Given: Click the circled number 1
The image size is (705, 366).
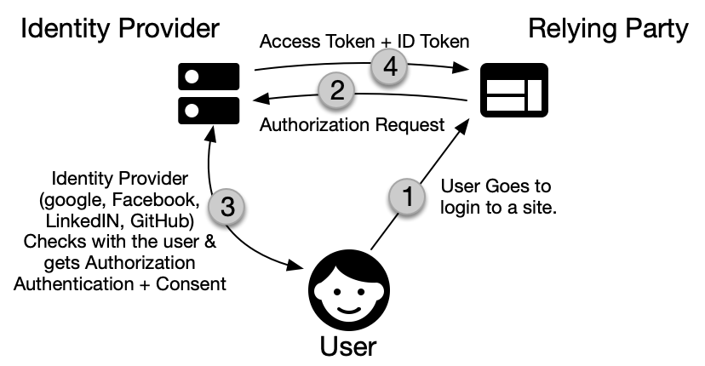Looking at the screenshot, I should tap(407, 197).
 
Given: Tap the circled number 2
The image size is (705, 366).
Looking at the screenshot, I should tap(337, 90).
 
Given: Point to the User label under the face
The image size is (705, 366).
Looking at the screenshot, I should tap(347, 346).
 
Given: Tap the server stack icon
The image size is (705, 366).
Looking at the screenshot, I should tap(208, 92).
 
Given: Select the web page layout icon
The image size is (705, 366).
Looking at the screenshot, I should tap(514, 91).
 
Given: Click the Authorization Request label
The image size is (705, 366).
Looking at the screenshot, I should tap(352, 125).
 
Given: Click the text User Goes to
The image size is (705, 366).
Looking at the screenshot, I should tap(496, 185).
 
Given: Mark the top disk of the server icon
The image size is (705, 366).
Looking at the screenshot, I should tap(208, 77).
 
